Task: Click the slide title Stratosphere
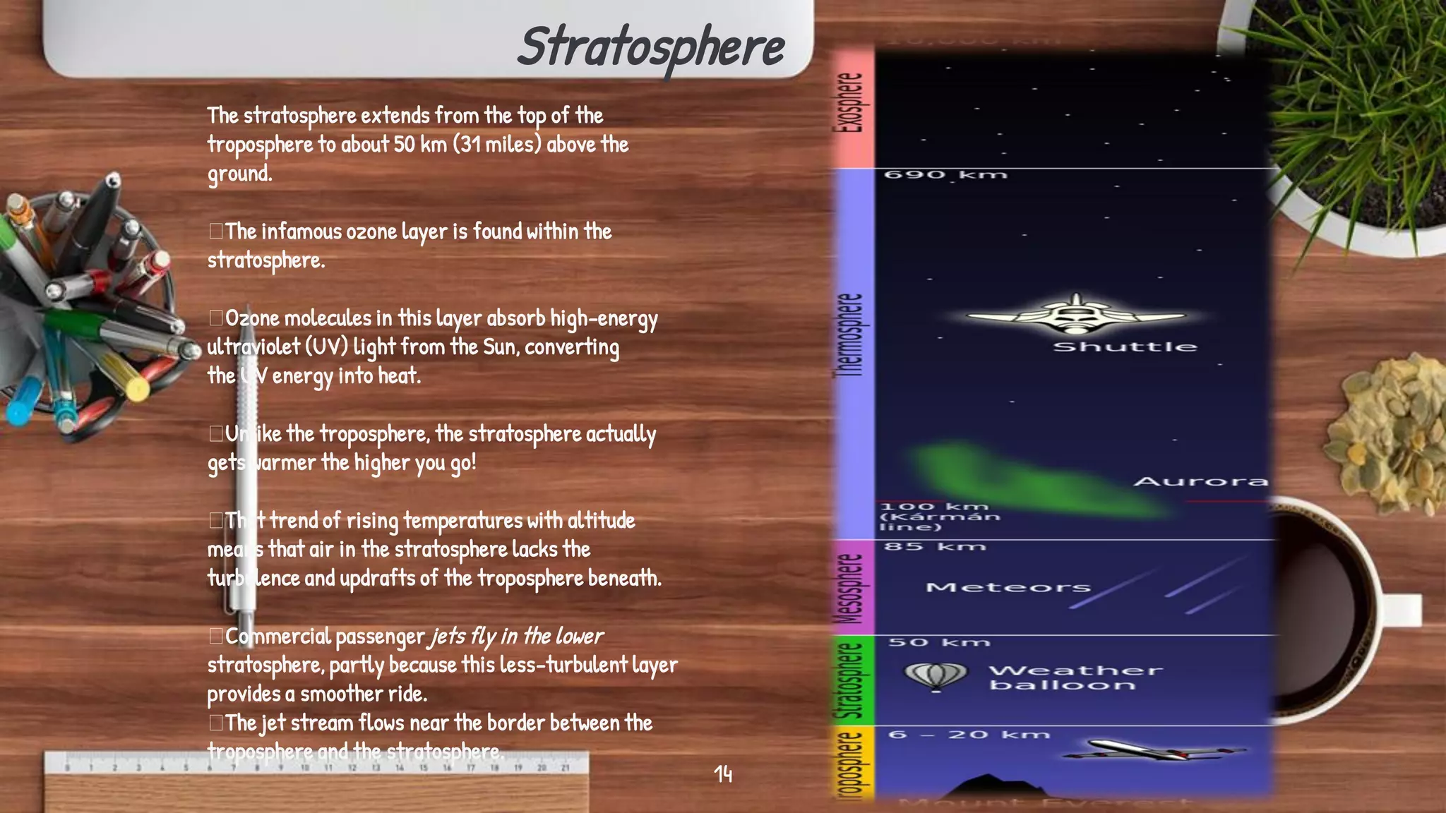point(651,47)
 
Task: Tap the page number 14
point(723,774)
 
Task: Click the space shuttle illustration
point(1075,315)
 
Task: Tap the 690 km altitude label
point(945,174)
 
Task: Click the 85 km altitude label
point(934,546)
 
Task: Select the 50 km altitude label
point(938,642)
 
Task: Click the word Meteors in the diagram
point(1008,587)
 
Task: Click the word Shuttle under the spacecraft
point(1125,347)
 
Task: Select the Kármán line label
point(940,517)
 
